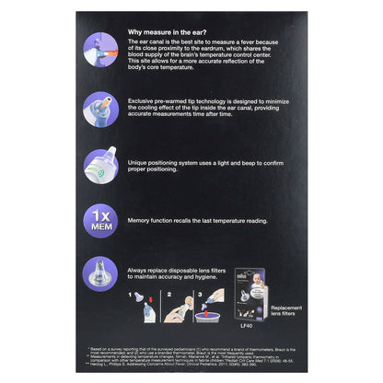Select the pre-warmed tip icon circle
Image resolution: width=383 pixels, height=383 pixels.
[99, 107]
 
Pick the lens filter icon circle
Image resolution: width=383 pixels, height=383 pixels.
[99, 273]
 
